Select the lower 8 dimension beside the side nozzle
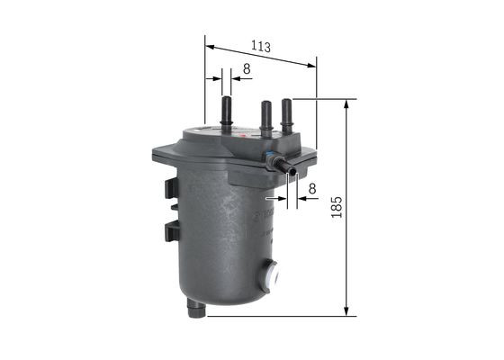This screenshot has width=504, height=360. [x=311, y=189]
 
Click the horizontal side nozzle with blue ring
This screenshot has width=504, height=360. [x=286, y=166]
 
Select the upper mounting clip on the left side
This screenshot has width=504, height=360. [x=171, y=189]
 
